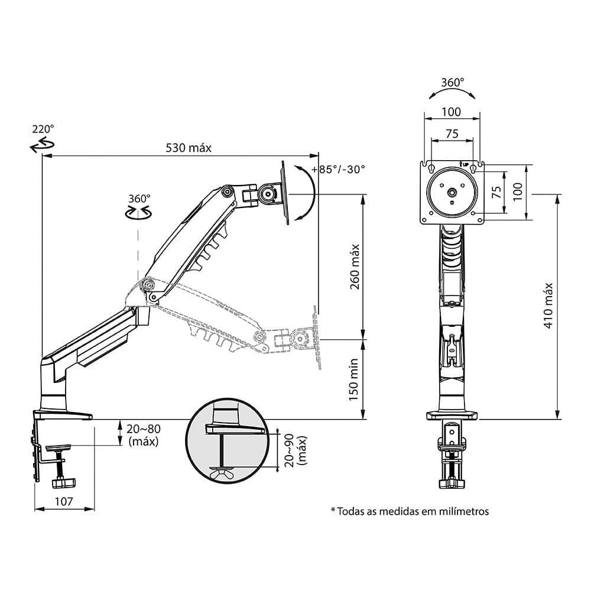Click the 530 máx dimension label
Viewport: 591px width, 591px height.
point(187,148)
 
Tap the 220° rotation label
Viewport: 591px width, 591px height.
point(43,128)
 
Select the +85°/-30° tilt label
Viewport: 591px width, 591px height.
point(342,169)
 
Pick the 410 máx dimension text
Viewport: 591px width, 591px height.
point(548,306)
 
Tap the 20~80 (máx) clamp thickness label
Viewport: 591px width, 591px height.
point(145,434)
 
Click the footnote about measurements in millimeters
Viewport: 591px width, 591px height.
point(410,511)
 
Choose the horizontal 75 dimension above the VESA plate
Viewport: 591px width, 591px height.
point(452,134)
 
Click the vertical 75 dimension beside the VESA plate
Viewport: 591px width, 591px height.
point(496,191)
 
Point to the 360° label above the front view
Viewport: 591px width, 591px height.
point(453,83)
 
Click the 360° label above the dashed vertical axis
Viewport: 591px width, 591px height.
point(139,199)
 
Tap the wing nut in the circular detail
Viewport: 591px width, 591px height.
point(222,472)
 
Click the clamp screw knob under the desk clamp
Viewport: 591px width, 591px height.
point(63,483)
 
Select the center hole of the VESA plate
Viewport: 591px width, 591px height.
point(452,192)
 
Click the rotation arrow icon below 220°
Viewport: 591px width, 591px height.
point(41,144)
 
